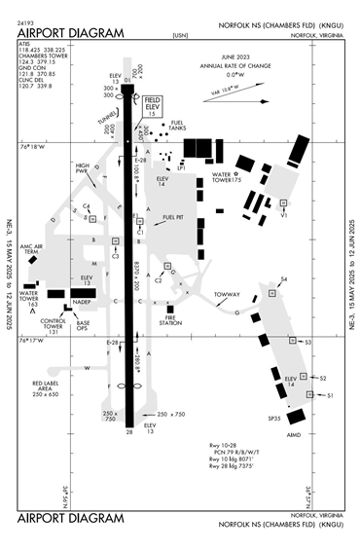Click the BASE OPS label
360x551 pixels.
[x=84, y=324]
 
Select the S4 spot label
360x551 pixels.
[x=283, y=280]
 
